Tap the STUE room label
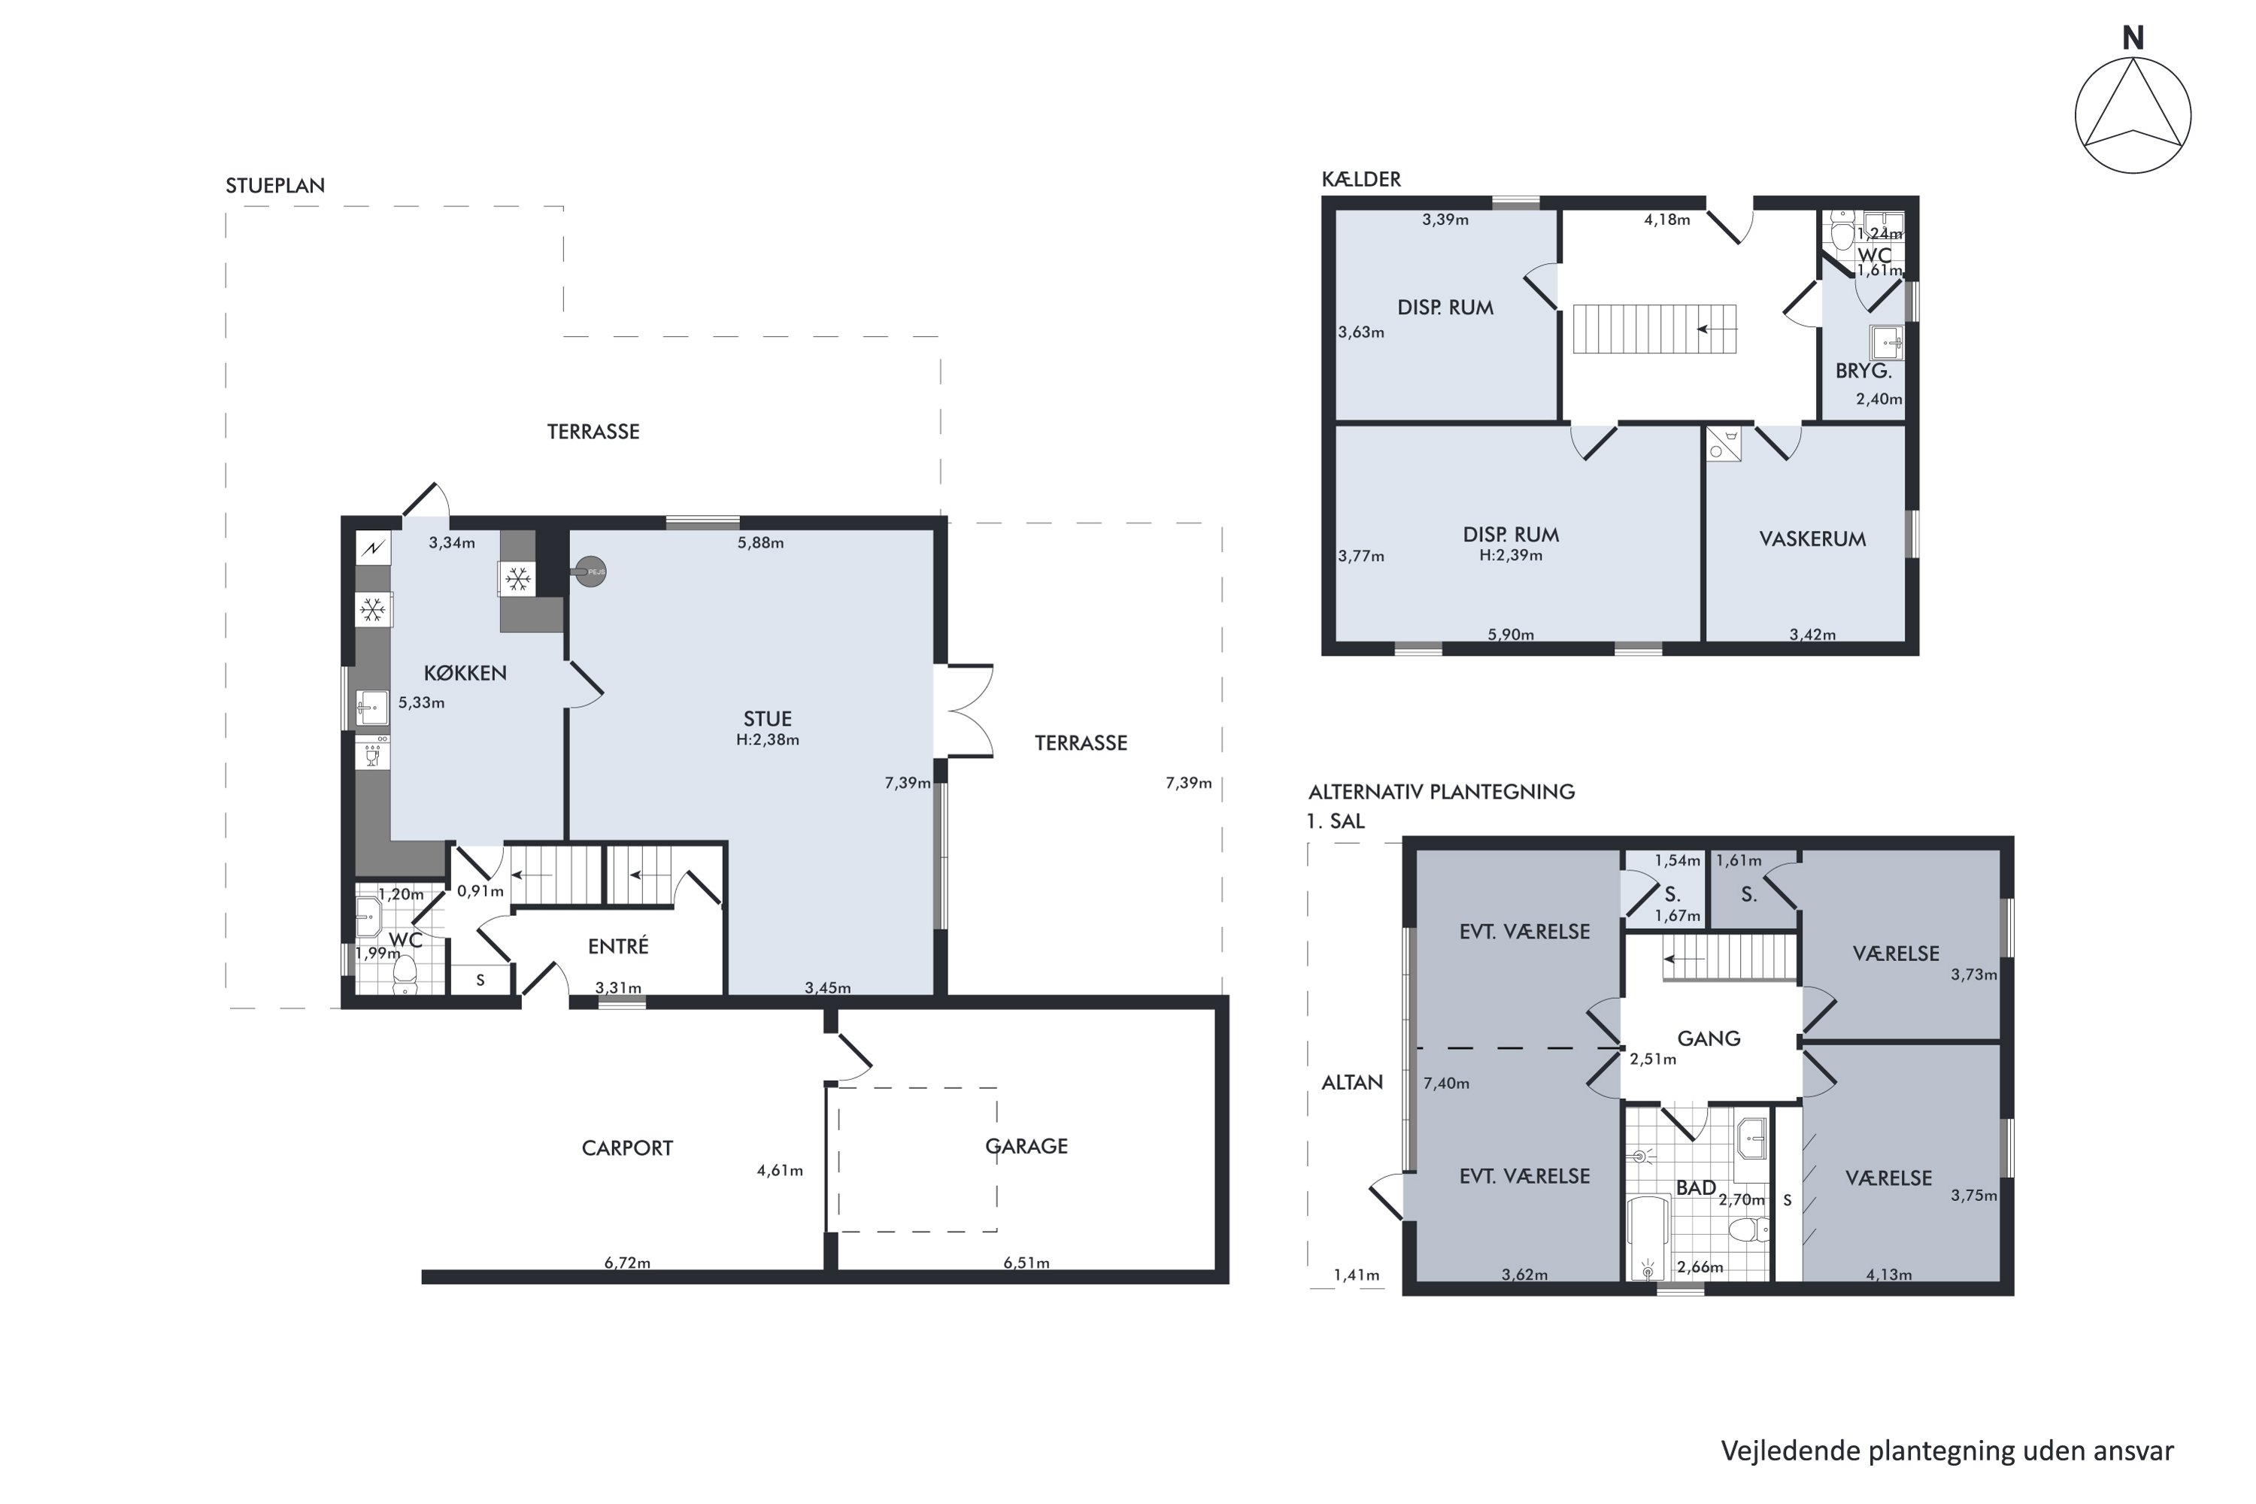[767, 718]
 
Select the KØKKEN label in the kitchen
[465, 672]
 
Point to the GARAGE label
[1026, 1146]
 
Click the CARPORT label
[627, 1148]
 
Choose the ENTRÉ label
[619, 946]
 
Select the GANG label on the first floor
[1709, 1038]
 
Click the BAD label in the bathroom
[1696, 1187]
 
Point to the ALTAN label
[1352, 1082]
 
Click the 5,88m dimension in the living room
[760, 543]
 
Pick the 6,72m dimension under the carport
[627, 1263]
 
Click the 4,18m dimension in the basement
[1667, 220]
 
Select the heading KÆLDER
[1361, 180]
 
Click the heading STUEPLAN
[275, 186]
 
